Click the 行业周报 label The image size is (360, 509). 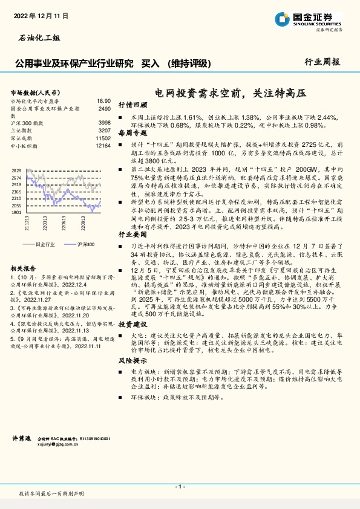(322, 62)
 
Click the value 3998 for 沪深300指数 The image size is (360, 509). (104, 123)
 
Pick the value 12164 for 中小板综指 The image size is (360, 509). (103, 146)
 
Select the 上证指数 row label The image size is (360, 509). (23, 131)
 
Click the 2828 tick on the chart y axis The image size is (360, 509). (16, 171)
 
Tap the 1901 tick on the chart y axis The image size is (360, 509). (16, 212)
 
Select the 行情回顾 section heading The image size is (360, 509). (133, 105)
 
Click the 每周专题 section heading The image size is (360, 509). (133, 132)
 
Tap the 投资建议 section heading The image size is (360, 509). (133, 324)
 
